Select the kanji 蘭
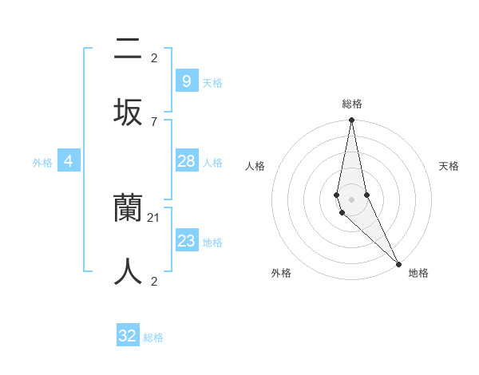point(128,208)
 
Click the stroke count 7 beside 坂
point(153,121)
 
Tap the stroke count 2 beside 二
point(153,58)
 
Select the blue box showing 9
point(186,81)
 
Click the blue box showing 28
point(186,161)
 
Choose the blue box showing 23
point(186,241)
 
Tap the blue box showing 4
point(69,161)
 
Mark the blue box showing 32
point(128,336)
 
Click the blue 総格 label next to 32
point(153,337)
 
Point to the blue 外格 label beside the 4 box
point(42,163)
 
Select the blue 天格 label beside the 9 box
point(212,83)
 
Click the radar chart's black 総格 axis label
point(351,104)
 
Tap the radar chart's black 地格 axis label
point(418,274)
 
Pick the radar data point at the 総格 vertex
point(351,121)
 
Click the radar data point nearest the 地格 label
point(398,262)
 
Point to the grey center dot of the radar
point(351,199)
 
